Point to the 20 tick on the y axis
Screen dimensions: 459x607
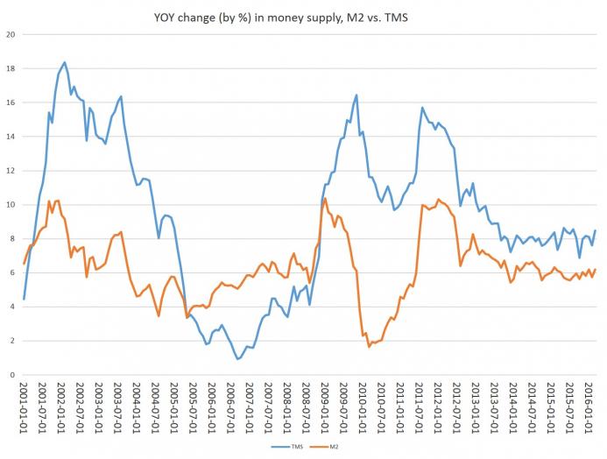pos(11,35)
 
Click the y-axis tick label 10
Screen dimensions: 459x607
pos(11,205)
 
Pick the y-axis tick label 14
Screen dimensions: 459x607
pos(11,137)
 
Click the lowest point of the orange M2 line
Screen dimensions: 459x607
pos(369,347)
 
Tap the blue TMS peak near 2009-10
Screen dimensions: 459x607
pos(356,95)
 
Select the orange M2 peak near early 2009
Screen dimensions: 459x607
pos(325,199)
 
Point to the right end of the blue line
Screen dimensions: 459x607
pos(596,230)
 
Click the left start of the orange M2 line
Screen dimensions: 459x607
pos(24,264)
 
